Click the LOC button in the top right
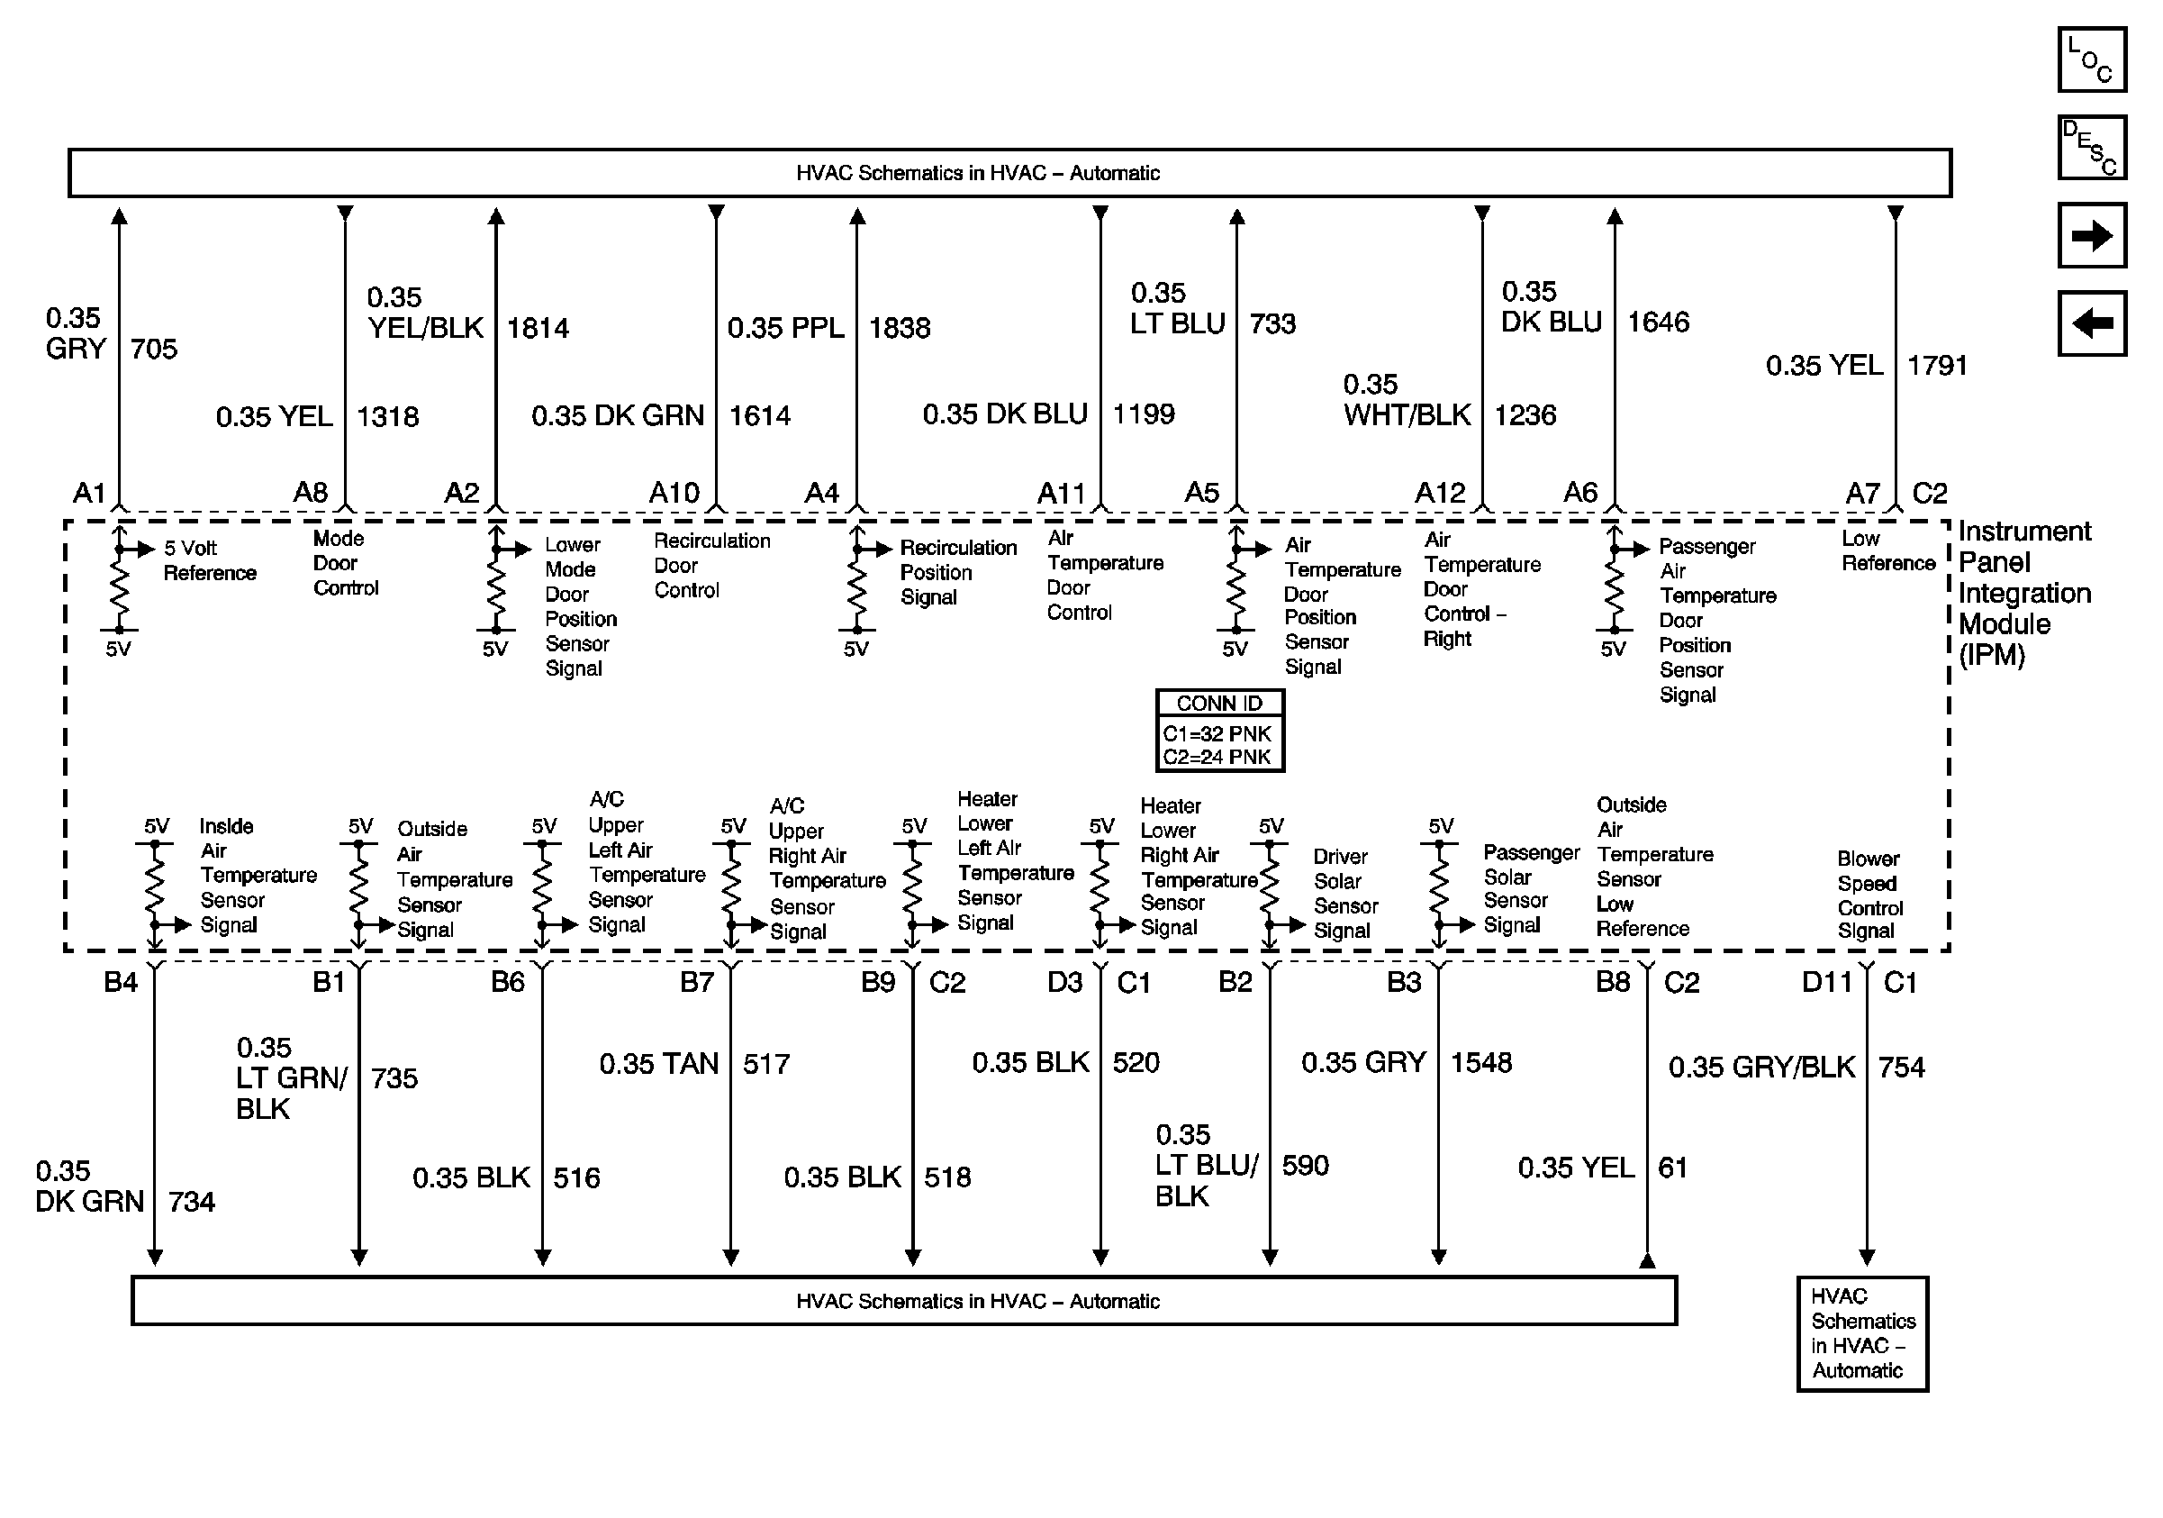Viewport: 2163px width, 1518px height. point(2091,60)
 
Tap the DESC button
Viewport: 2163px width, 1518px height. point(2091,148)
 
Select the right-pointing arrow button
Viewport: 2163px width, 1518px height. point(2091,235)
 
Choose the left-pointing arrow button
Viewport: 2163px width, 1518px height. point(2091,324)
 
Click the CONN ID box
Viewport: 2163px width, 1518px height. point(1219,731)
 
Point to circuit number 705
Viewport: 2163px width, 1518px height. point(154,350)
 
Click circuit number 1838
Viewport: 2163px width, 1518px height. point(899,328)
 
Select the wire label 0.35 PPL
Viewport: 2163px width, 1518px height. point(786,328)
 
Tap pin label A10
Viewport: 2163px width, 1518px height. point(674,493)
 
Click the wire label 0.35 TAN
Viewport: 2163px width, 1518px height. point(658,1064)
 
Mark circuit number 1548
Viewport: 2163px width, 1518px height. point(1481,1063)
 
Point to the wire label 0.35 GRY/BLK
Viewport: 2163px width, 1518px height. point(1760,1068)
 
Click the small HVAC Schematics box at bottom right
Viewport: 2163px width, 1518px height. point(1861,1333)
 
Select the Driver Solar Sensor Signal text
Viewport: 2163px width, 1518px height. point(1345,894)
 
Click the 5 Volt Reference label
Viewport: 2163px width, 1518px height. point(208,560)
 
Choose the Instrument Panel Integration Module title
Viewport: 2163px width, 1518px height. point(2023,593)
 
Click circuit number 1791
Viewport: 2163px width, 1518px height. point(1937,366)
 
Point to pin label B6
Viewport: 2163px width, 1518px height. point(507,983)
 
